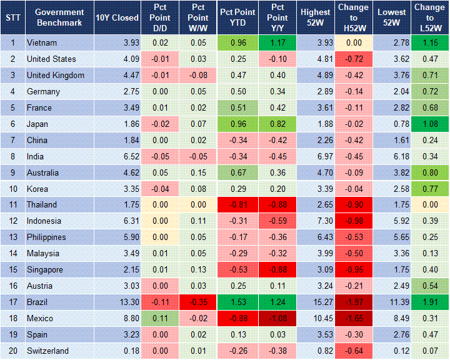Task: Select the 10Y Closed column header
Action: pos(117,17)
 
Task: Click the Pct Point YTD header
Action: pos(237,17)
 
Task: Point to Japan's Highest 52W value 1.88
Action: pos(316,124)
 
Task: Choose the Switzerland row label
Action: pos(47,351)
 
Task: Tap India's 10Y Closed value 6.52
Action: pos(117,156)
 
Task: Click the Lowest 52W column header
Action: pos(392,17)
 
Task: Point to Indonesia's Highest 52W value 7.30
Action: pos(316,221)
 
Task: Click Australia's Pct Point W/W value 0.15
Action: pos(197,172)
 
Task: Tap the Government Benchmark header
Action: pos(59,17)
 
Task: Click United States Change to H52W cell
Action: pos(354,59)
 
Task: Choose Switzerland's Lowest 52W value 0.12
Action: pos(392,351)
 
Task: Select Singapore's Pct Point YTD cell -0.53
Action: pos(237,270)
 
